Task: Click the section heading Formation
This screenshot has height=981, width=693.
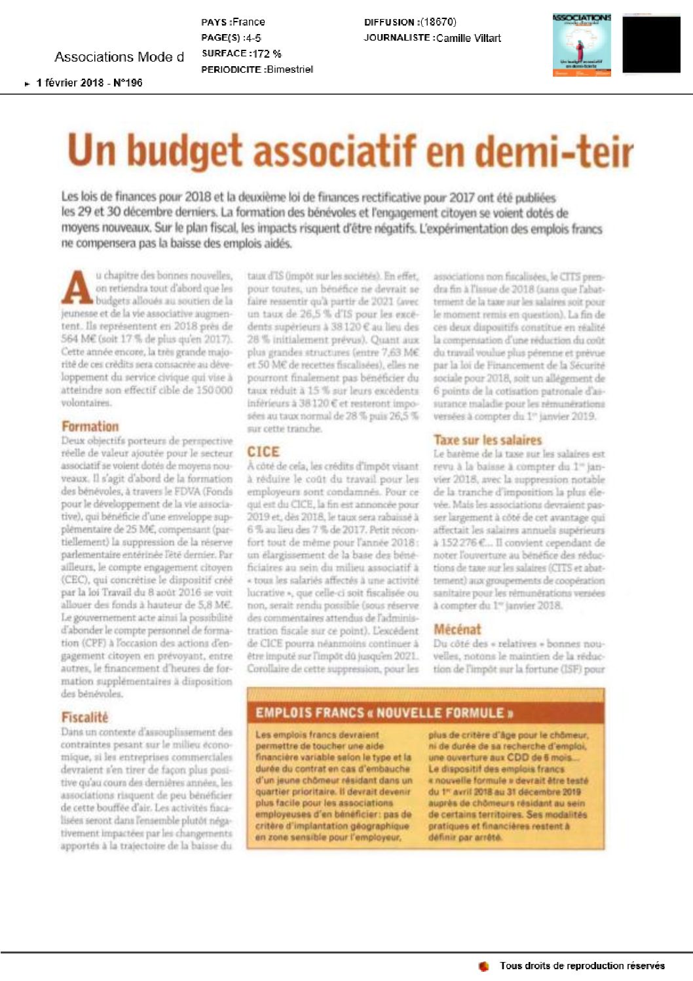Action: click(90, 426)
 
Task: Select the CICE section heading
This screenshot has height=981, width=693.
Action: click(263, 452)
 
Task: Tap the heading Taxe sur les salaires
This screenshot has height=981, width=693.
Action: click(487, 440)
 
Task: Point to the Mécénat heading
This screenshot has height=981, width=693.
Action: click(457, 629)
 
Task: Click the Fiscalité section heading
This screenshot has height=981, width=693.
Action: click(84, 717)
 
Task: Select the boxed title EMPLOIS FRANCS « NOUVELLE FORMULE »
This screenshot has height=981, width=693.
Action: click(384, 712)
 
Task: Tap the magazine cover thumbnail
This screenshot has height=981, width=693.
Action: click(582, 45)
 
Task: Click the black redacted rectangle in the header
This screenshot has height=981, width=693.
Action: click(651, 45)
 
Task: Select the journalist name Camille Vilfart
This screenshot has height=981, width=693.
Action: click(468, 38)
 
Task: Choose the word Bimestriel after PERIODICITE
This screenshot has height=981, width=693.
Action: click(289, 69)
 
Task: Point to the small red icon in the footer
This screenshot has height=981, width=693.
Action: click(484, 966)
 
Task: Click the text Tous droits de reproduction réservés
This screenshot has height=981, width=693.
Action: click(582, 966)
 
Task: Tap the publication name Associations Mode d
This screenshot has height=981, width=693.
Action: click(119, 57)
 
